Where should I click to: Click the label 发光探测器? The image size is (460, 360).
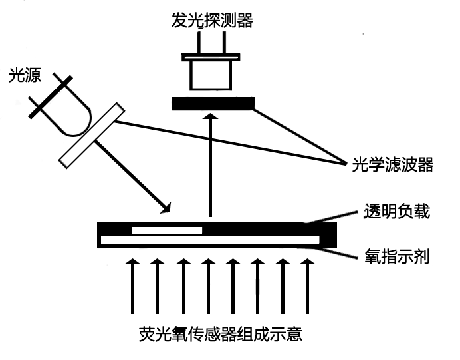(x=211, y=21)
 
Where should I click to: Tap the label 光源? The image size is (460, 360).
(x=24, y=76)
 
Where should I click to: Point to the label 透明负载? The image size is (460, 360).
(x=398, y=212)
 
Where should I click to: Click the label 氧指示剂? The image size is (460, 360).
(x=398, y=256)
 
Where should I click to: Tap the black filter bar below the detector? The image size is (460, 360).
(x=212, y=104)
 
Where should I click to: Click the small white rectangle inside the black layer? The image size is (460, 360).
(x=167, y=230)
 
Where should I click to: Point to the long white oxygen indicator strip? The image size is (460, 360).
(x=209, y=240)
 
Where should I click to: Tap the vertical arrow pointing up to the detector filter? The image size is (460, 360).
(x=211, y=166)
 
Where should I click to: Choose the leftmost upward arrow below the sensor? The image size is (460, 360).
(x=132, y=286)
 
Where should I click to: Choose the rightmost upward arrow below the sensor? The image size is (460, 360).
(x=306, y=286)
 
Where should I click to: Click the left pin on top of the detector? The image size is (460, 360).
(x=197, y=47)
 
